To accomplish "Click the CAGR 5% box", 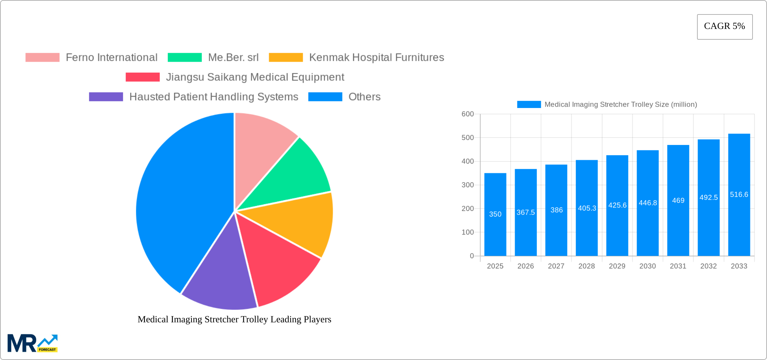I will pos(725,27).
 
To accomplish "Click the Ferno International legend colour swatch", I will pos(42,58).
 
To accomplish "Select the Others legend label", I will pos(364,97).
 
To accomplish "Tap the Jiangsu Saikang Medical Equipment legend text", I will pos(255,77).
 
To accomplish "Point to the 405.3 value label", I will pos(587,208).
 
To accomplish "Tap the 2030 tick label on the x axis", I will pos(648,266).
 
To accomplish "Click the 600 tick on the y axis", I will pos(468,114).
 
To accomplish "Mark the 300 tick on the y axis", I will pos(468,185).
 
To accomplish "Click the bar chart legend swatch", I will pos(529,105).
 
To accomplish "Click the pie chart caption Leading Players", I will pos(234,319).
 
